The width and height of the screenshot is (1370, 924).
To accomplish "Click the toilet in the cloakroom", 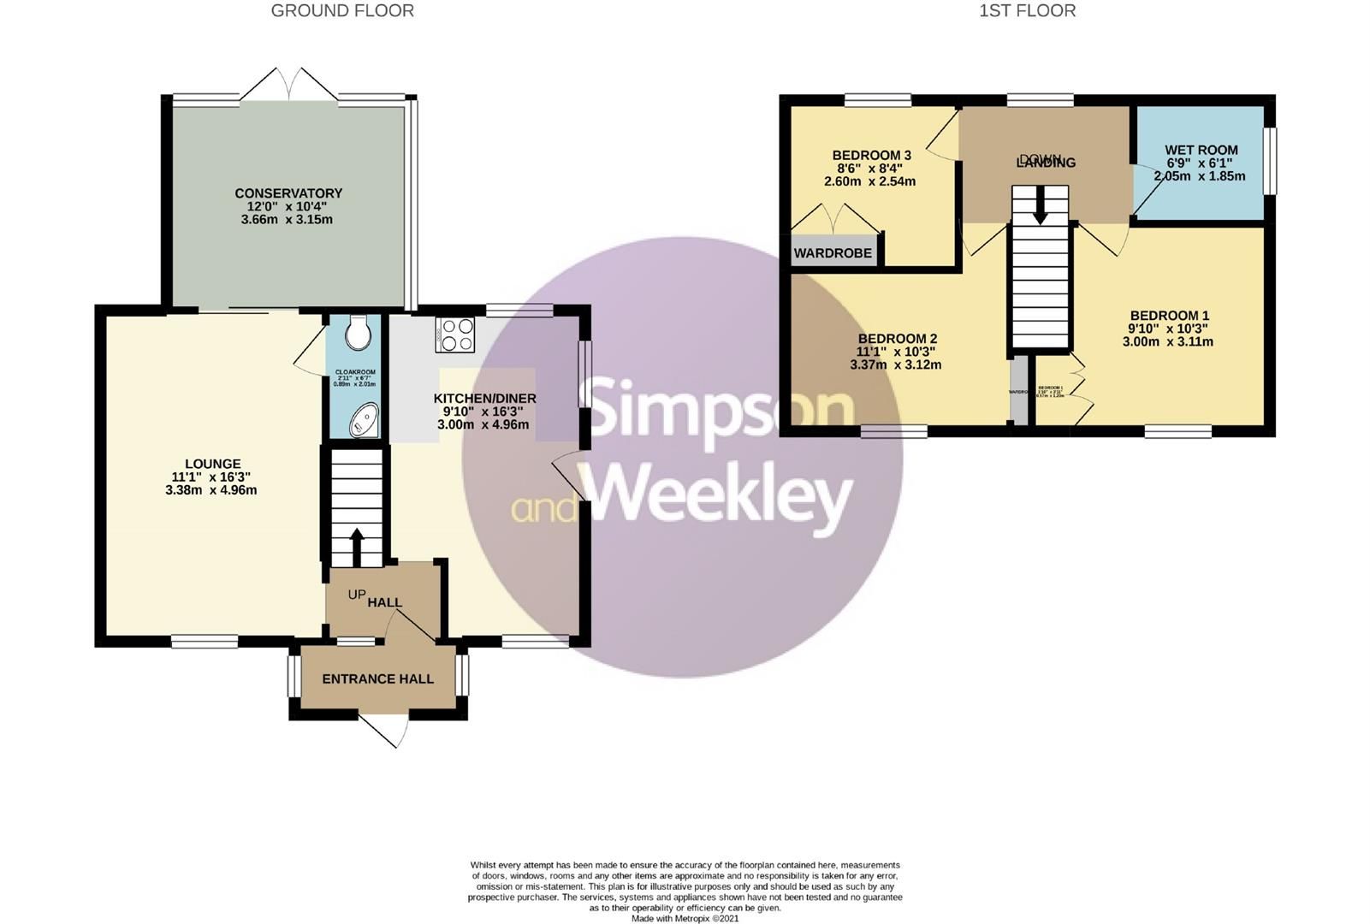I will pyautogui.click(x=358, y=333).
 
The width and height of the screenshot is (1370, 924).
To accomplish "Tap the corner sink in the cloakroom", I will pyautogui.click(x=363, y=419).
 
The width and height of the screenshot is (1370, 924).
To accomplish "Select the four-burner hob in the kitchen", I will pyautogui.click(x=454, y=335).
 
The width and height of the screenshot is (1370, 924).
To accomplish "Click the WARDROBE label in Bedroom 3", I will pyautogui.click(x=833, y=253).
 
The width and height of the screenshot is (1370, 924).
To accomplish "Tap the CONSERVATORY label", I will pyautogui.click(x=288, y=193).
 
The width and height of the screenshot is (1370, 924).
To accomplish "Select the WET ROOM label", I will pyautogui.click(x=1201, y=150).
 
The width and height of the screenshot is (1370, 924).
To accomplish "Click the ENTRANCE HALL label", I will pyautogui.click(x=377, y=679).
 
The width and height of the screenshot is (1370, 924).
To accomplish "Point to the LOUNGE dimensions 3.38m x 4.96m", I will pyautogui.click(x=211, y=490).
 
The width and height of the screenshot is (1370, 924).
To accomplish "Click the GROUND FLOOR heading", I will pyautogui.click(x=342, y=11).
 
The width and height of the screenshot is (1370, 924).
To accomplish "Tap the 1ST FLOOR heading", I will pyautogui.click(x=1028, y=11).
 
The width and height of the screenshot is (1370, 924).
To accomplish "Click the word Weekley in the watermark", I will pyautogui.click(x=721, y=495).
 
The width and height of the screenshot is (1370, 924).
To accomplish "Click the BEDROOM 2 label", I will pyautogui.click(x=897, y=339).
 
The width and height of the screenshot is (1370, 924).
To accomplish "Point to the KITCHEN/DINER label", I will pyautogui.click(x=484, y=399).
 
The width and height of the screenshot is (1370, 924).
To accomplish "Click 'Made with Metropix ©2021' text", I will pyautogui.click(x=685, y=919).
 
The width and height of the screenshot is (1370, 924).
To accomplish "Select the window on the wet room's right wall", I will pyautogui.click(x=1271, y=160).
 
